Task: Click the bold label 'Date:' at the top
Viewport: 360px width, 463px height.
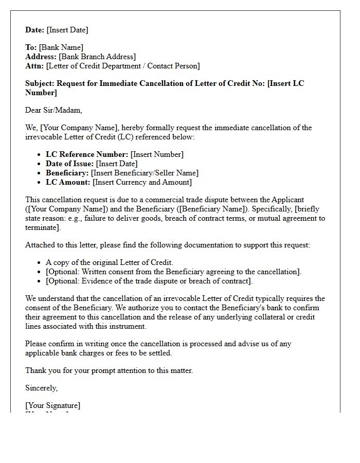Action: (x=35, y=30)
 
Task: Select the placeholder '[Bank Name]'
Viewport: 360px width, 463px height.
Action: (x=61, y=47)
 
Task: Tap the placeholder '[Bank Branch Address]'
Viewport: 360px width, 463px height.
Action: (x=97, y=57)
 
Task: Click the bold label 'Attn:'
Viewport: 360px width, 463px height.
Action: (x=34, y=66)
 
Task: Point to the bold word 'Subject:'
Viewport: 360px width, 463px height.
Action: (x=40, y=83)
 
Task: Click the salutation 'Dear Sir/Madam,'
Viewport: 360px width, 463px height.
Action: (x=53, y=110)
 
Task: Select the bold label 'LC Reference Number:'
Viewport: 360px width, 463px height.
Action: (x=87, y=154)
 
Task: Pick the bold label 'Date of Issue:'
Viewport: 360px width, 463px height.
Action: (x=70, y=164)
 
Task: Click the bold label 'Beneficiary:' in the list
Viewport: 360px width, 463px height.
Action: (x=67, y=173)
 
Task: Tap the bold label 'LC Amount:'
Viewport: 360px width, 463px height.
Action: (x=68, y=182)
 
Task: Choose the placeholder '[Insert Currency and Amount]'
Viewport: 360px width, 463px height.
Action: (x=142, y=182)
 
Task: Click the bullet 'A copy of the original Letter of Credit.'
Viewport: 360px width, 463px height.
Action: (x=110, y=262)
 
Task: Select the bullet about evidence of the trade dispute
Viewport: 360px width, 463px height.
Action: (x=149, y=281)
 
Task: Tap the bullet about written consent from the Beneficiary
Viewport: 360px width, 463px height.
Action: (x=173, y=272)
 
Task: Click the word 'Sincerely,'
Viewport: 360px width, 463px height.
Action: (x=42, y=388)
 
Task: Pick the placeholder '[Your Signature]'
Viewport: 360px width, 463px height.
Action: (x=53, y=405)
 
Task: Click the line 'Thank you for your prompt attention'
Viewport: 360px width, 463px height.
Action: (x=109, y=370)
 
